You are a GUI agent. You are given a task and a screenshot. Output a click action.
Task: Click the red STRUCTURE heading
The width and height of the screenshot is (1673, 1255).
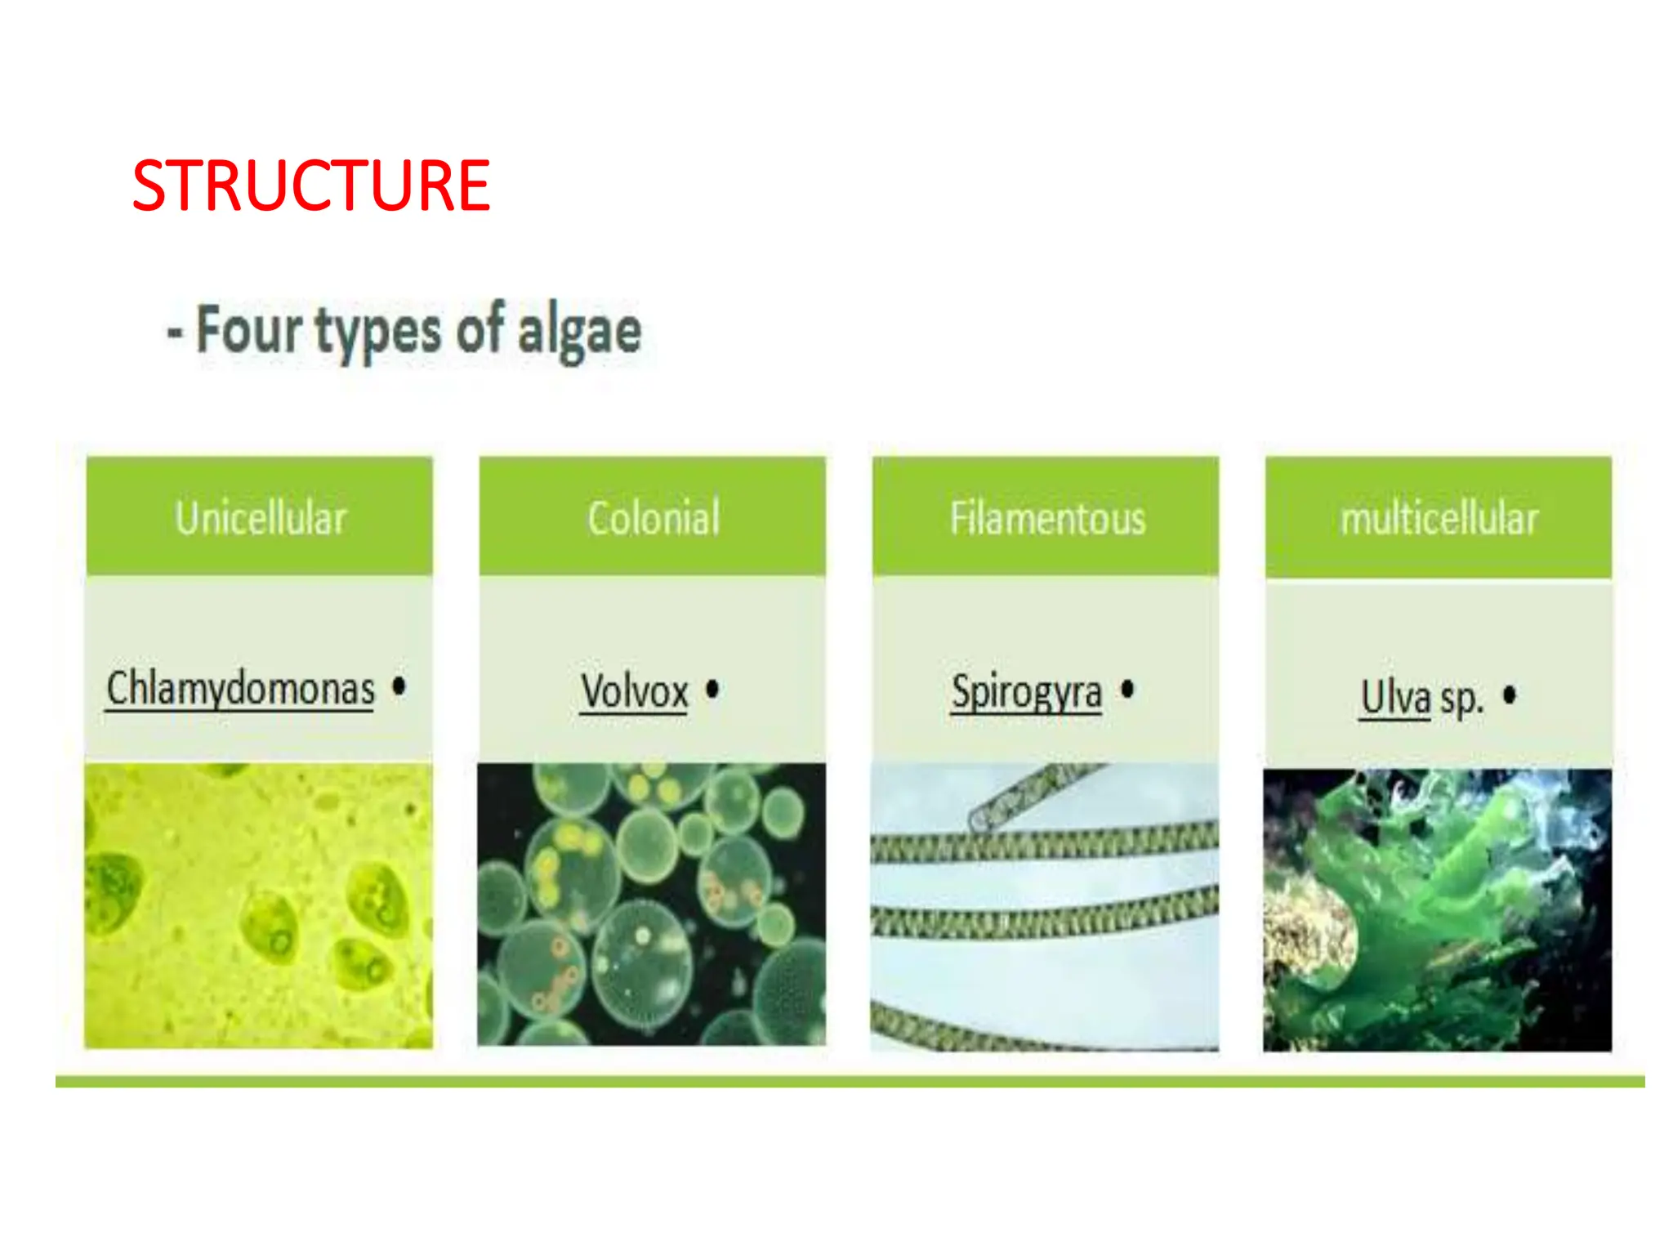[x=310, y=186]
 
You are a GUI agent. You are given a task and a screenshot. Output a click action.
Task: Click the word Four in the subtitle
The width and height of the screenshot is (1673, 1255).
[x=249, y=331]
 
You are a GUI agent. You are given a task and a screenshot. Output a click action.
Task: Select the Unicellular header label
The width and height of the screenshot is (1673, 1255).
[x=261, y=518]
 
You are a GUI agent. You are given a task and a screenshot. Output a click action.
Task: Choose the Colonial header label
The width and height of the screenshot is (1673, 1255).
[x=654, y=518]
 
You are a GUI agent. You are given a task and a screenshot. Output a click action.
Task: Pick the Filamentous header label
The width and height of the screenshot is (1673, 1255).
[x=1047, y=518]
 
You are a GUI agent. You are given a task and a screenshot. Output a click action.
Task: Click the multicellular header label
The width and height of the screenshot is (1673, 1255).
[x=1439, y=518]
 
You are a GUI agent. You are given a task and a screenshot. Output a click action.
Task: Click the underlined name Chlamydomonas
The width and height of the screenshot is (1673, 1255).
[x=241, y=689]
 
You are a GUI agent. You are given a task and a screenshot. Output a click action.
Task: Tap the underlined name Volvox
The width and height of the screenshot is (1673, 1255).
[x=635, y=692]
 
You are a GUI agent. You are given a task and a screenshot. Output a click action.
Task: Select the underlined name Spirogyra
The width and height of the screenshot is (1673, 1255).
[x=1027, y=693]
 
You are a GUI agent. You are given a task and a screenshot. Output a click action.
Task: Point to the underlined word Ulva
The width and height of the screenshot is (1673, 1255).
[x=1395, y=698]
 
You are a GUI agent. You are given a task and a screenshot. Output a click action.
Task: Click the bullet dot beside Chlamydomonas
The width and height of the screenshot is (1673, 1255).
[x=399, y=686]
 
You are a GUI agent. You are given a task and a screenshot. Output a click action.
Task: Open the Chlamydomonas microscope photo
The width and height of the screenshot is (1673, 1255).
[x=259, y=905]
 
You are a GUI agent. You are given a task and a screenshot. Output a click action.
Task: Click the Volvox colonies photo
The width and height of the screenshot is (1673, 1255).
[x=652, y=904]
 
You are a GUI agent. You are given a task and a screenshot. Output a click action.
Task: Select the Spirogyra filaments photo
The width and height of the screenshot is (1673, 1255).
[x=1045, y=906]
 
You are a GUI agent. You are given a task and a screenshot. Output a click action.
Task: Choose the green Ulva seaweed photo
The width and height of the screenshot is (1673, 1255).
[x=1438, y=909]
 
